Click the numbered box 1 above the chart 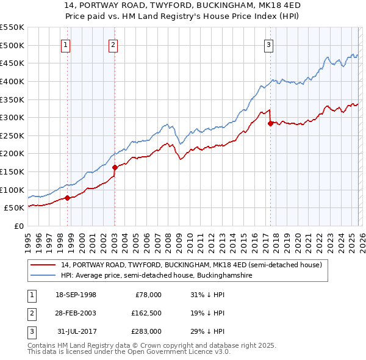65,43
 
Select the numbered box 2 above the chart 113,43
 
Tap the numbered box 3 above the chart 268,43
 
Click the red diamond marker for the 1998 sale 68,197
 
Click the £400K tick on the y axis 12,81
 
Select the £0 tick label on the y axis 19,226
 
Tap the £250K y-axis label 12,135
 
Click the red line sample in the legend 44,264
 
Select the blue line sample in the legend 44,275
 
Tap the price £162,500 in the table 146,313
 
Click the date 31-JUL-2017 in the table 76,331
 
